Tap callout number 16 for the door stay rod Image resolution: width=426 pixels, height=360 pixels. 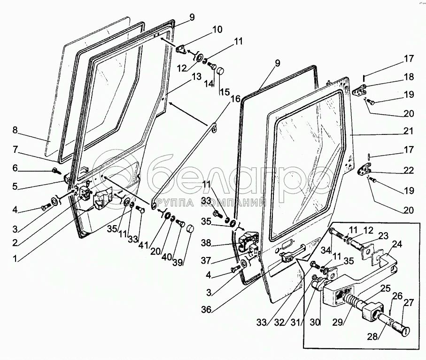tap(235, 99)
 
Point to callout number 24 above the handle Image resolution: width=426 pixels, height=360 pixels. tap(397, 244)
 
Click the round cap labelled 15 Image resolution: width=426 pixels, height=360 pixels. tap(219, 72)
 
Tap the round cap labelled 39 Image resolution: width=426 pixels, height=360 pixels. tap(189, 229)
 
